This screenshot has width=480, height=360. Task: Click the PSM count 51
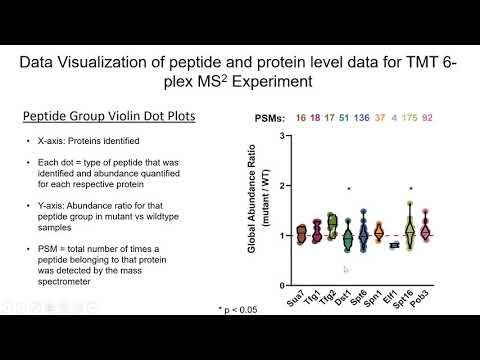[x=343, y=117]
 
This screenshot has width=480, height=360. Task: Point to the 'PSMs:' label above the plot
[x=263, y=117]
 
